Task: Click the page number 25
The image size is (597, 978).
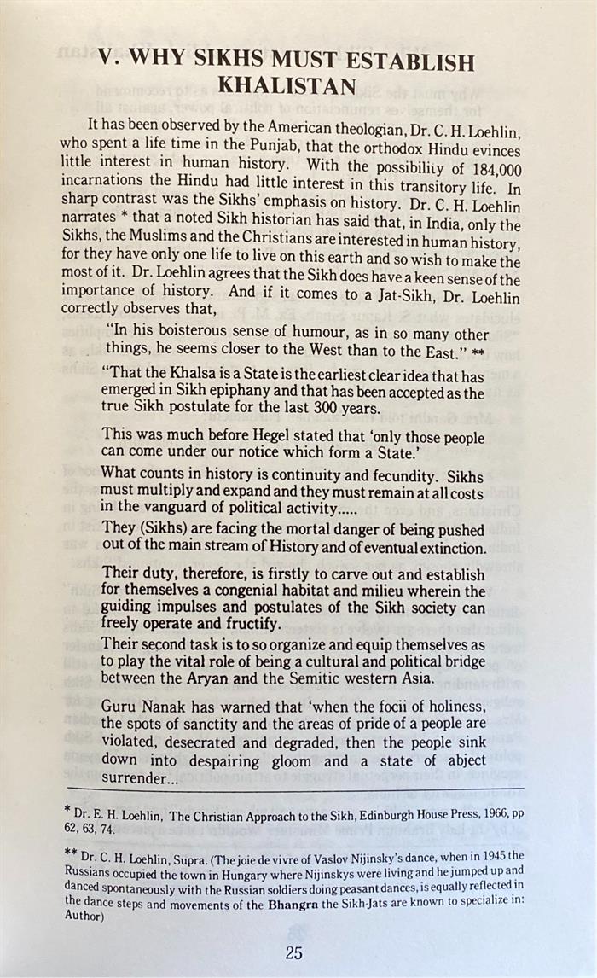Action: [293, 952]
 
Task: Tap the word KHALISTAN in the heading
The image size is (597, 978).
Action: [285, 86]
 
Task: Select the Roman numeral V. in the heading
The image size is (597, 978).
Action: [107, 59]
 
